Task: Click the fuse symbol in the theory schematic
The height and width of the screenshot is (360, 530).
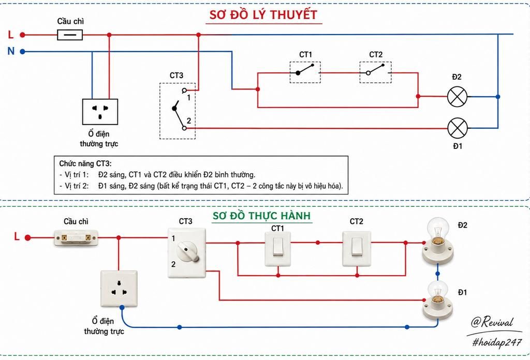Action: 70,35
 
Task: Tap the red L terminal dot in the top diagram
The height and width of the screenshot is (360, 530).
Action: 22,35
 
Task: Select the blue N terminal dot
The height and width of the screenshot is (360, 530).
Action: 22,52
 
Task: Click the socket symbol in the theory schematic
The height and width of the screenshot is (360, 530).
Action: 100,111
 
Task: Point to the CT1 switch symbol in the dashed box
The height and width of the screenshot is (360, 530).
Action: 305,72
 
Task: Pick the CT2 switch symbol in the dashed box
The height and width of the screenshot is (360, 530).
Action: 376,72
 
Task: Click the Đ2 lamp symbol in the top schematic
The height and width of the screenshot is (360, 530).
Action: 457,97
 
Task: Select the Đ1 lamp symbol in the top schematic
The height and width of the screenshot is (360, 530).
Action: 458,128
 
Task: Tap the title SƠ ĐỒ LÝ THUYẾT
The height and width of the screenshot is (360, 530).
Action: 263,15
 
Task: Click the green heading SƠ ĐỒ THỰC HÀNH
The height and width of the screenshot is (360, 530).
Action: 261,216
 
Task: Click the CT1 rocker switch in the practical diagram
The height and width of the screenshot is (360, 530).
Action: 278,249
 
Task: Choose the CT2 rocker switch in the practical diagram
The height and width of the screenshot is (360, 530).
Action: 357,249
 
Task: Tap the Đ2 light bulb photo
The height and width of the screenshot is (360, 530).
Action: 438,241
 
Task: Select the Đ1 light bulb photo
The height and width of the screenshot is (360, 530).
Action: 438,300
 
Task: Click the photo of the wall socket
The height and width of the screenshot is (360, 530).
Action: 119,289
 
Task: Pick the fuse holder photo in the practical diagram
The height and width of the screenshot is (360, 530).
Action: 76,238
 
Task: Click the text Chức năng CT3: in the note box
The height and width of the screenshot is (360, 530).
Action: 85,164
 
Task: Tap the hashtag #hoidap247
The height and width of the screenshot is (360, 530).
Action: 497,342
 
